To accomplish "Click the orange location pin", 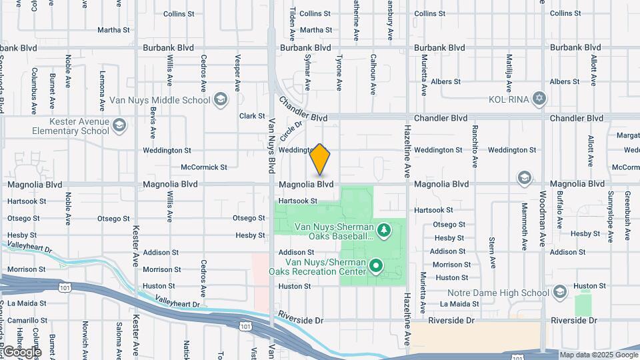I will (x=320, y=159).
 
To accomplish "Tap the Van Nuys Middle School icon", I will (x=221, y=100).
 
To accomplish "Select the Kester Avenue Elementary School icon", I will (x=119, y=125).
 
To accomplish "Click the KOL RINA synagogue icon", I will (x=539, y=99).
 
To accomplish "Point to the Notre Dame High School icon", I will (x=559, y=293).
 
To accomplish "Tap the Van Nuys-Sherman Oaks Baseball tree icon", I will (x=383, y=231).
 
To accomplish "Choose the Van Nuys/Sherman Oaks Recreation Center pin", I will (x=376, y=267).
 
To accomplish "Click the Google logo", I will (x=21, y=351).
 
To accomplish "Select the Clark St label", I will (x=252, y=116).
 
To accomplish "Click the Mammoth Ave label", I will (x=525, y=227).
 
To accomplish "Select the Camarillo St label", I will (x=27, y=320).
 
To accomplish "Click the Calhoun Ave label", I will (x=373, y=74).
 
